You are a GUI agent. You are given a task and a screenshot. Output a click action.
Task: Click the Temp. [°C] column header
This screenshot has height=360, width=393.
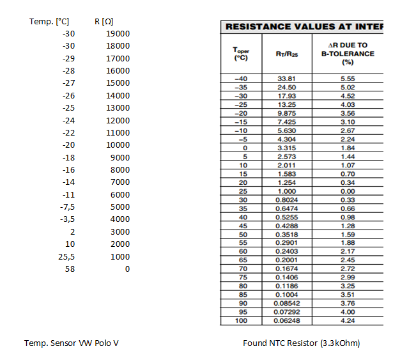coord(49,22)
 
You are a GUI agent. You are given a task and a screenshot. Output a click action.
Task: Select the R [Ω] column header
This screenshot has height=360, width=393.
coord(104,22)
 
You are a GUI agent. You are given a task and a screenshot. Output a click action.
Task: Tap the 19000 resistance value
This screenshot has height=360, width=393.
coord(118,34)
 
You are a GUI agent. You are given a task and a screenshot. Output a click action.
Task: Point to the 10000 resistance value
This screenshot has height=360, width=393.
coord(118,145)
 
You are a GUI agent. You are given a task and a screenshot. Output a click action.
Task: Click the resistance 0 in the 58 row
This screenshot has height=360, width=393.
coord(127,269)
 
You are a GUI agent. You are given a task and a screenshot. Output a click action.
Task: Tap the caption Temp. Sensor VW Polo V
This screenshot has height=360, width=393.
coord(71,343)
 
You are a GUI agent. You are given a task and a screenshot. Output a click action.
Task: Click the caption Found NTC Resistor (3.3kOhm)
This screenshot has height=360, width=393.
coord(301,343)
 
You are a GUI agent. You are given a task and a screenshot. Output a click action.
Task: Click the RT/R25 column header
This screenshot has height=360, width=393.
coord(286,54)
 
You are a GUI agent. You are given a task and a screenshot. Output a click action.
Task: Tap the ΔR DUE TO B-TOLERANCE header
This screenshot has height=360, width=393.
coord(348,54)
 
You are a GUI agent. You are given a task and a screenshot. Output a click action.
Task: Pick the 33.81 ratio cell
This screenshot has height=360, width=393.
coord(286,79)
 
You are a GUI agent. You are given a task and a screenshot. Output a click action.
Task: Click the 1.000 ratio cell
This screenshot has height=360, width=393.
coord(286,191)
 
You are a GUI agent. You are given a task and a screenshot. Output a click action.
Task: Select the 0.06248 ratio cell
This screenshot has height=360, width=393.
coord(286,320)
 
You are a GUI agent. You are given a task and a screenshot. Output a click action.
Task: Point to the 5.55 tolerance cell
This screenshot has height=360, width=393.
coord(348,79)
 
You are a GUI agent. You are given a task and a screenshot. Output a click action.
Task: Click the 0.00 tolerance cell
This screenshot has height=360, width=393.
coord(348,191)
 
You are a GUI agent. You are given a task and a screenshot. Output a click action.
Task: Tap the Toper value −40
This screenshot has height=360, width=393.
coord(241,79)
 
